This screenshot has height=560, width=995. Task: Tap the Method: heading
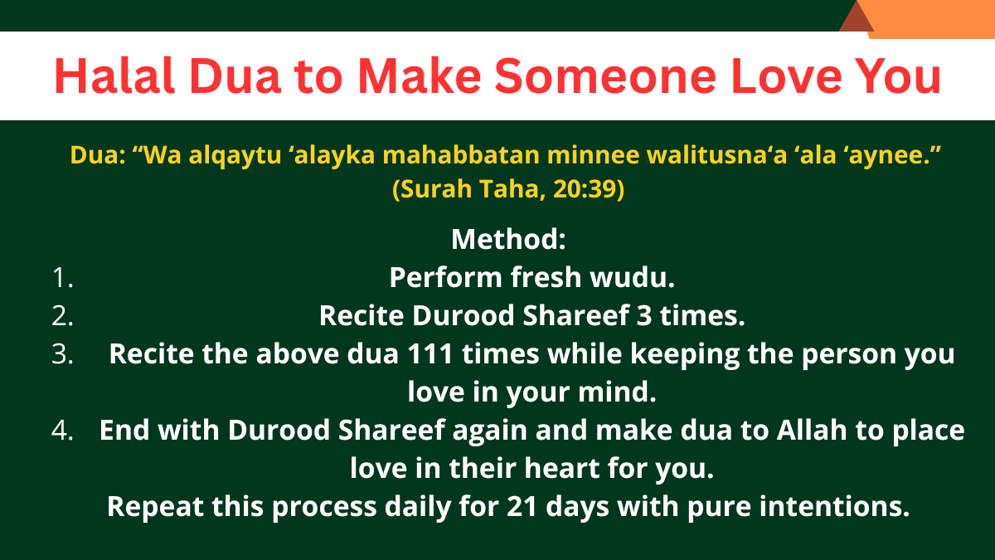click(508, 240)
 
